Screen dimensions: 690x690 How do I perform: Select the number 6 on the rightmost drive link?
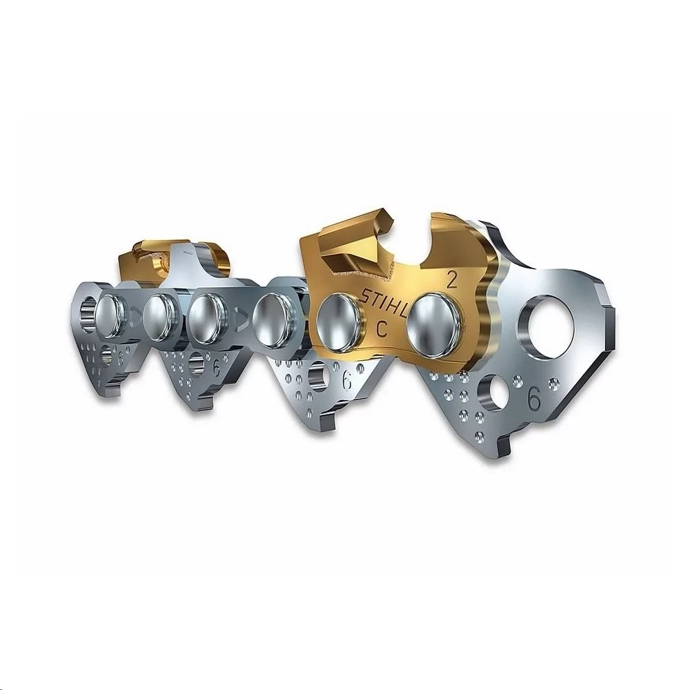coord(534,399)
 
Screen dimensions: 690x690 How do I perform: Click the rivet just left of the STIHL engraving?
coord(338,319)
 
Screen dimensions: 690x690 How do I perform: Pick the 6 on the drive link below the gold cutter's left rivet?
coord(347,380)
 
